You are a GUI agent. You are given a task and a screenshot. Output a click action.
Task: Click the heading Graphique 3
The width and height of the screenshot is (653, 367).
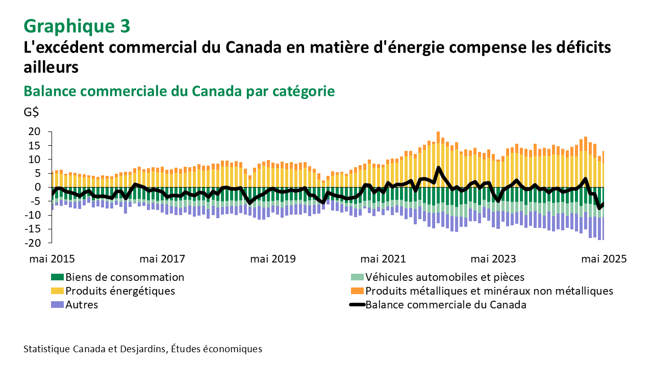coord(77,25)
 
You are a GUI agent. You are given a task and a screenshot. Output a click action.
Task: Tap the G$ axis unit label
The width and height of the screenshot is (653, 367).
coord(32,112)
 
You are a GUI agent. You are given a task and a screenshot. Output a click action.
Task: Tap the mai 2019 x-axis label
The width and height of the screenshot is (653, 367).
coord(272,258)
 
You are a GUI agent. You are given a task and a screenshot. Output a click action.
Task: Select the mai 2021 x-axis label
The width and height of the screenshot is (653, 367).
coord(383,258)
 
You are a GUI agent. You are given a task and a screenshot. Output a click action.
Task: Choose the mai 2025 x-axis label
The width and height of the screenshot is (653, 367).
coord(604,258)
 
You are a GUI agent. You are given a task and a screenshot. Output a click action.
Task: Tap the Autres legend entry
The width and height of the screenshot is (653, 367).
coord(82,305)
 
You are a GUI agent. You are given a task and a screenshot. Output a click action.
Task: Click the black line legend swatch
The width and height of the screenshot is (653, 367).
coord(357,305)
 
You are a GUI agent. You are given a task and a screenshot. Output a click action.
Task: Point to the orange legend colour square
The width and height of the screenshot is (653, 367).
coord(357,291)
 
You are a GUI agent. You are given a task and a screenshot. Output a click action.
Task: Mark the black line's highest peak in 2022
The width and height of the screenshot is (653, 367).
coord(438,168)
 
